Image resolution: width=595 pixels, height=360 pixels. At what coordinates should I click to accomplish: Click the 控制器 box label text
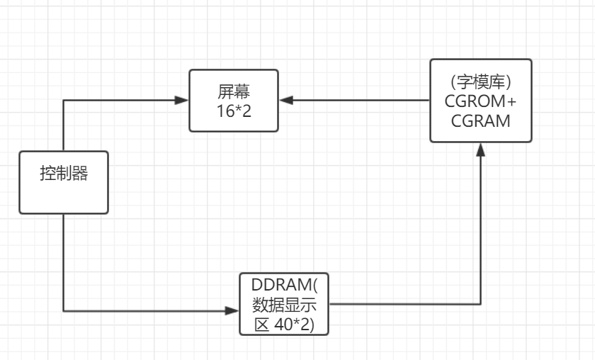coord(64,174)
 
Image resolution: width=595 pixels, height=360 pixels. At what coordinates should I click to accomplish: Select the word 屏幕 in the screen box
coord(234,91)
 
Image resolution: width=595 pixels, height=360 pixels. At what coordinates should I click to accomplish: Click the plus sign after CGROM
coord(512,101)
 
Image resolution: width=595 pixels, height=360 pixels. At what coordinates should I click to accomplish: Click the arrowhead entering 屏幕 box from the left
coord(183,101)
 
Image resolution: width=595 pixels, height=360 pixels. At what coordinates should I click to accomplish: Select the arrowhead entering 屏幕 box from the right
coord(285,101)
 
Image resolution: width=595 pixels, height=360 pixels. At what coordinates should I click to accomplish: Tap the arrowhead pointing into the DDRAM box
coord(233,310)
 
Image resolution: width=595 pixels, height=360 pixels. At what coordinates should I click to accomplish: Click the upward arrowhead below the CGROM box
coord(481,150)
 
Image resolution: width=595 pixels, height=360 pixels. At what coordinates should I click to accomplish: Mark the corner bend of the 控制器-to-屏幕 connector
coord(64,101)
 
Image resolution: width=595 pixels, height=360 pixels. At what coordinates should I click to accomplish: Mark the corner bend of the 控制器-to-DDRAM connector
coord(64,310)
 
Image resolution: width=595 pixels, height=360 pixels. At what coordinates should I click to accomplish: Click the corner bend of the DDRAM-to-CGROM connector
coord(481,305)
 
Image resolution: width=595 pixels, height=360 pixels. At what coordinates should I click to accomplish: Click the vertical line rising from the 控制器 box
coord(64,126)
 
